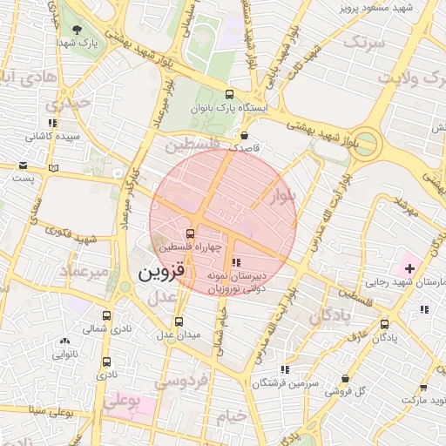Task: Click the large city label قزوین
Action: click(161, 274)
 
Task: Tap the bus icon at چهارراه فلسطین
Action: click(190, 233)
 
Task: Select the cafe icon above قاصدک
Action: click(244, 136)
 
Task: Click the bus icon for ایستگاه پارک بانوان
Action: click(229, 95)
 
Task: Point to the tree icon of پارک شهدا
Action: click(78, 28)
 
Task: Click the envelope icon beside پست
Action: click(23, 166)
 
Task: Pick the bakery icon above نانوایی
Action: click(65, 341)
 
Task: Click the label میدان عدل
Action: click(178, 334)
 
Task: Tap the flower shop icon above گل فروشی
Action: click(347, 379)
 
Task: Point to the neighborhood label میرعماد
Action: click(84, 272)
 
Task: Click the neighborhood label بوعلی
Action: click(121, 402)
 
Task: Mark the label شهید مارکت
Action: click(422, 400)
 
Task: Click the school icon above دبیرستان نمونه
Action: click(235, 262)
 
